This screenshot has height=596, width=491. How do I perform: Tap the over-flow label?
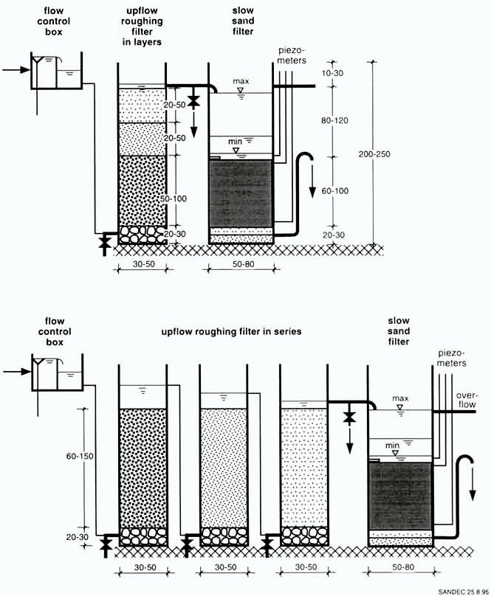pos(467,400)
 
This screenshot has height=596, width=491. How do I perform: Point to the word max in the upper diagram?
pos(240,80)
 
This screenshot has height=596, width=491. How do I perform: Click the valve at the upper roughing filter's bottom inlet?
pos(104,240)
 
